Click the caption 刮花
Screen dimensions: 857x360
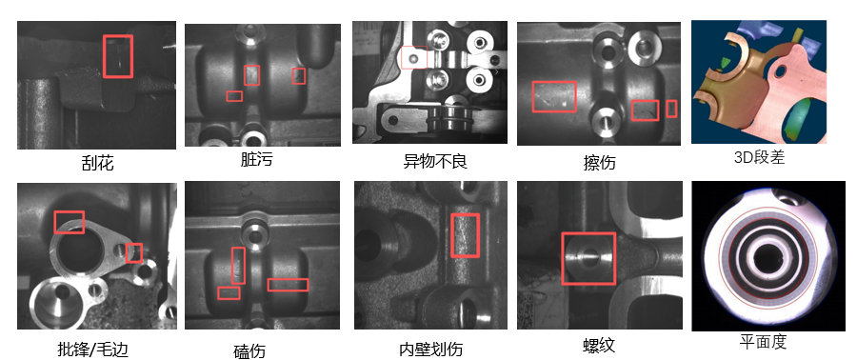(x=97, y=163)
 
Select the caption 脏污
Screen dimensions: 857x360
(x=256, y=159)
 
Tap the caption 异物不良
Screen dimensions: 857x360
(x=435, y=161)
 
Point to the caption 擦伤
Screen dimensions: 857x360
(x=599, y=162)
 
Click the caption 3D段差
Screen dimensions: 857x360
(x=759, y=157)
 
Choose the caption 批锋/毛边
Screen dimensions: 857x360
(x=92, y=348)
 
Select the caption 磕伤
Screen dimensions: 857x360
(x=249, y=350)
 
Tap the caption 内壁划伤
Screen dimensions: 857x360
(x=430, y=349)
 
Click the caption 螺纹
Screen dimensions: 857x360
(x=599, y=345)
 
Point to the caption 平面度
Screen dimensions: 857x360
(x=763, y=342)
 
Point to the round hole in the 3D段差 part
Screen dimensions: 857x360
(x=781, y=71)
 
